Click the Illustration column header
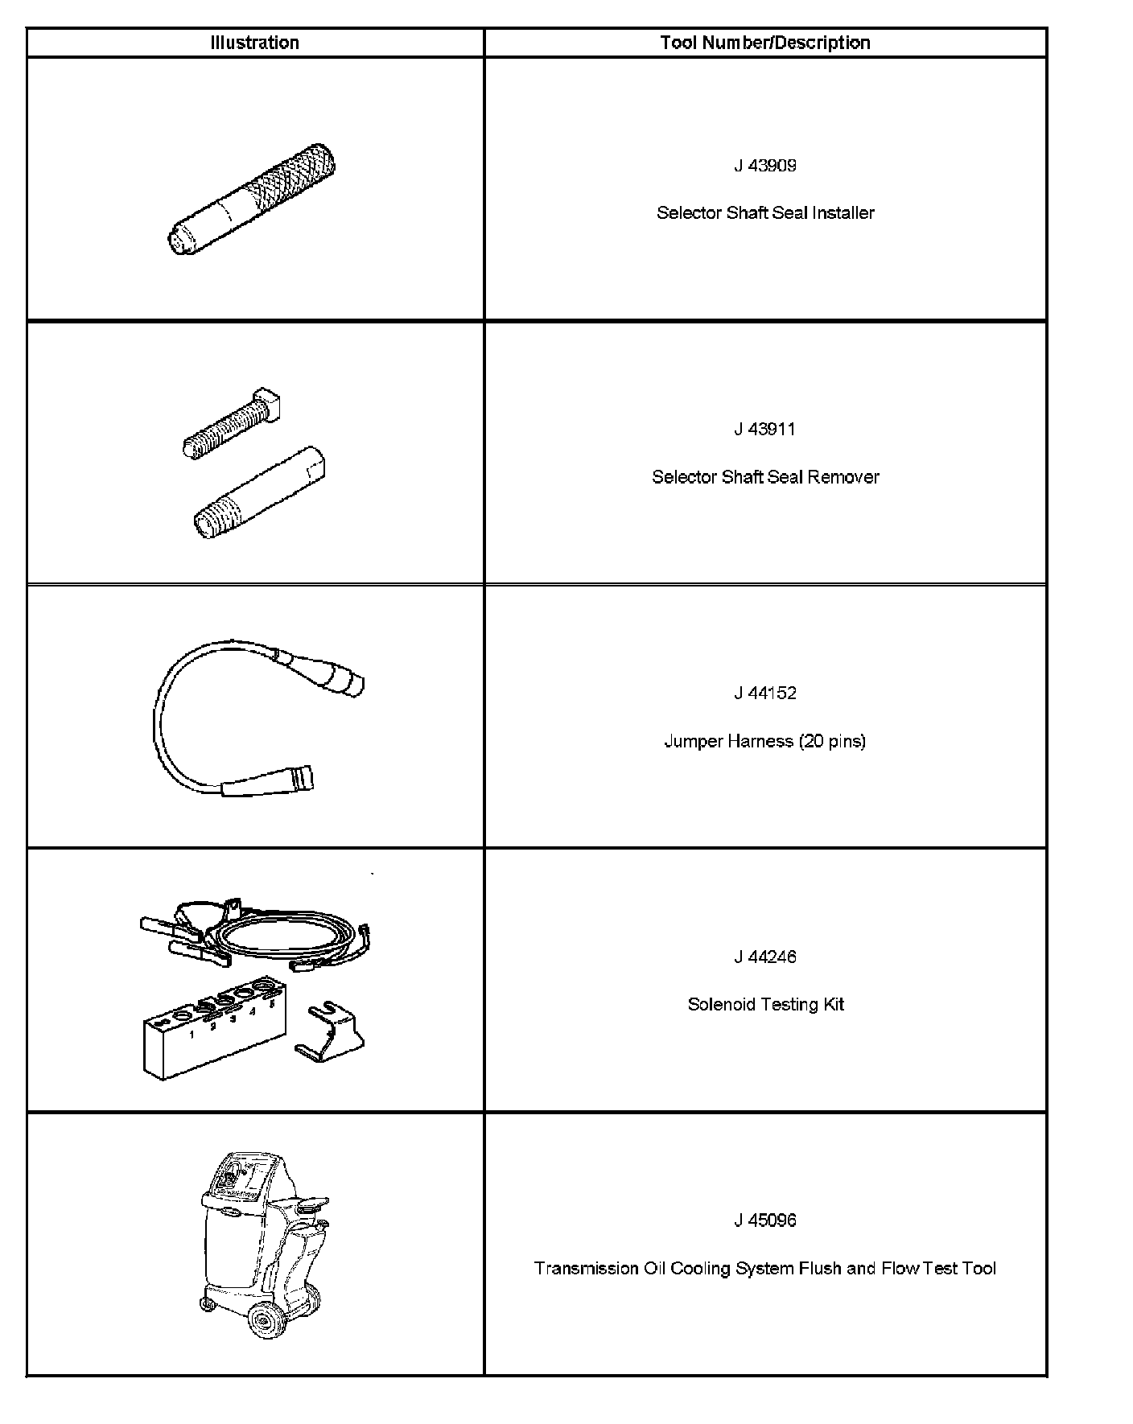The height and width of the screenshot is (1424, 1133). pos(254,43)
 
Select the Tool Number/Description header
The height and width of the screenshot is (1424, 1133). pos(764,43)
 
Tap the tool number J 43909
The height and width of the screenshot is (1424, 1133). pos(764,166)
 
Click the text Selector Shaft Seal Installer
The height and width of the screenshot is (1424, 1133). pos(764,213)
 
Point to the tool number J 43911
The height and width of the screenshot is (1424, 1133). pos(764,430)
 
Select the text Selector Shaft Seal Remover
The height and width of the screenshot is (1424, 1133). pos(764,477)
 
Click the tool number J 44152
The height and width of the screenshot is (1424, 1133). pos(764,693)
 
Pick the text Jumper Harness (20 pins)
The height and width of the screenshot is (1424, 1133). pos(764,741)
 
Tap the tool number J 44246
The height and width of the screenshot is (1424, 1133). pos(764,957)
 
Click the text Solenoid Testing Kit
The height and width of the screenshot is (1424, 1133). pos(764,1004)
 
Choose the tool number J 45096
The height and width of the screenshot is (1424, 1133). pos(764,1220)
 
